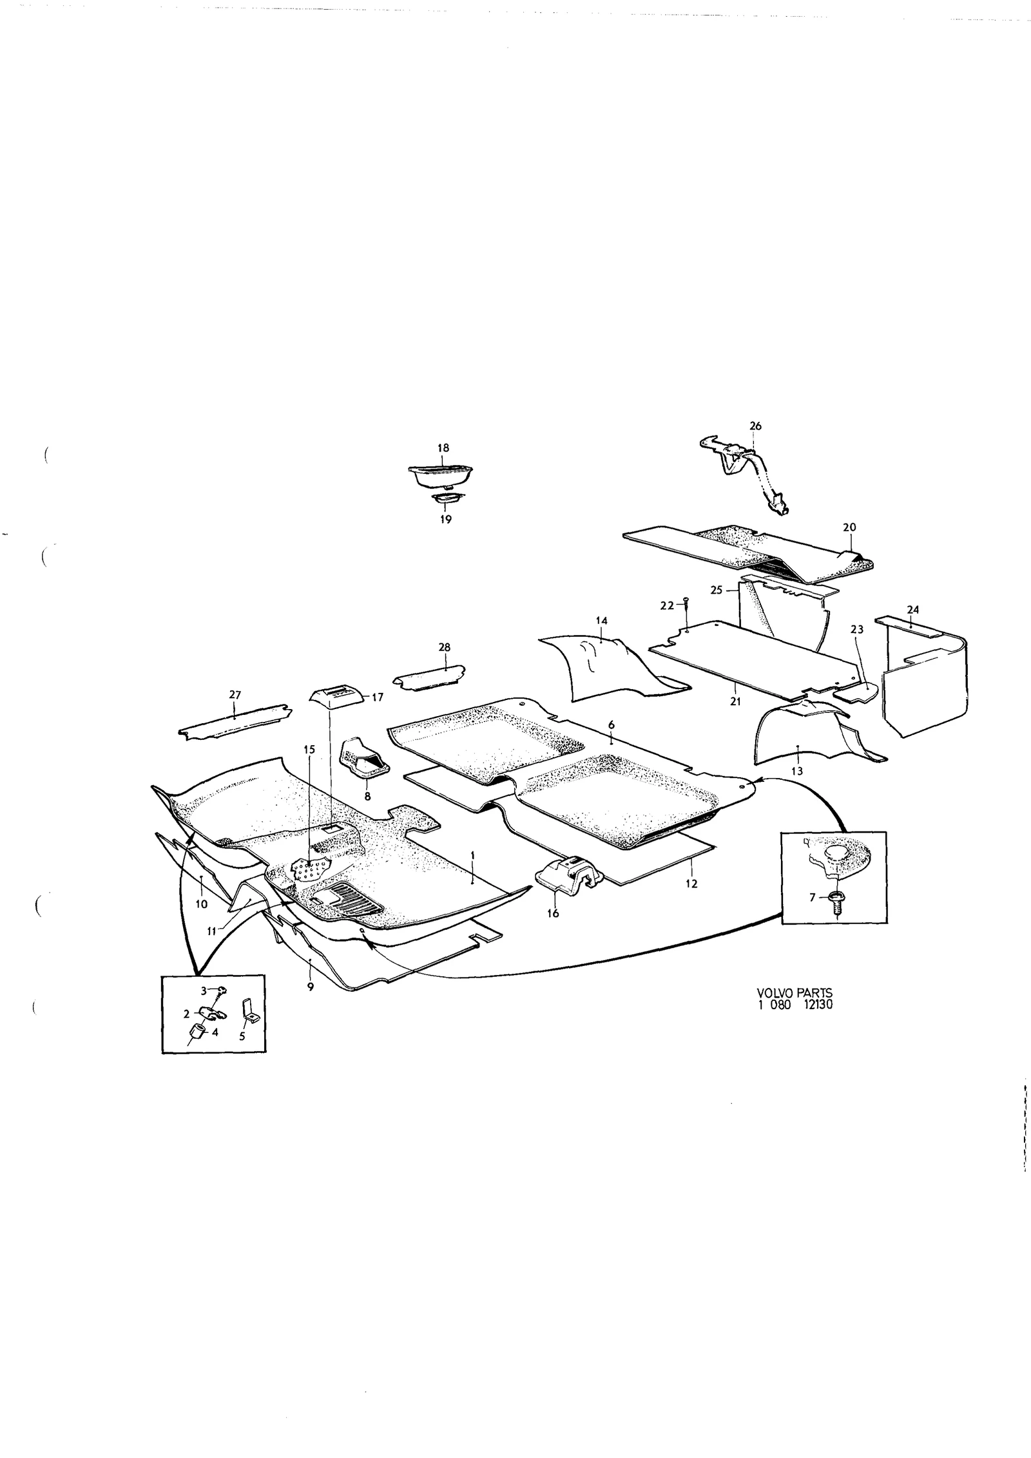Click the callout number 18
tap(443, 448)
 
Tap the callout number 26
tap(756, 426)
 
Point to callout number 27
tap(235, 695)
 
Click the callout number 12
tap(691, 884)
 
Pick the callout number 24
tap(912, 609)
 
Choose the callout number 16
tap(553, 913)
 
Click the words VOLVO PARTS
tap(795, 1012)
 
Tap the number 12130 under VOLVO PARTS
tap(816, 1022)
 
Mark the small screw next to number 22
tap(686, 602)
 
